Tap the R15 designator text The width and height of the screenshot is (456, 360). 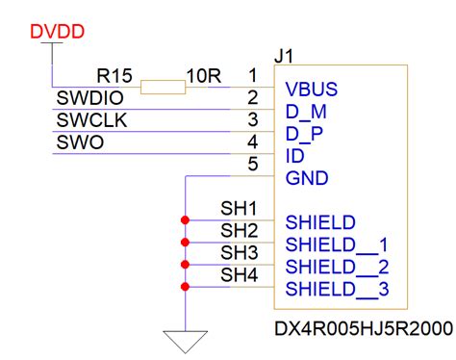(x=114, y=74)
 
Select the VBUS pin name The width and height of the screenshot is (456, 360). (x=310, y=90)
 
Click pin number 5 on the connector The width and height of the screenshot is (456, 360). (x=252, y=164)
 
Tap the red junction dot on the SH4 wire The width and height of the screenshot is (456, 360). (x=184, y=287)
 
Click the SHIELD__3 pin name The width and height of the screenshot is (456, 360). (x=337, y=289)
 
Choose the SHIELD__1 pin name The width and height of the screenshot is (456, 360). (x=337, y=244)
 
